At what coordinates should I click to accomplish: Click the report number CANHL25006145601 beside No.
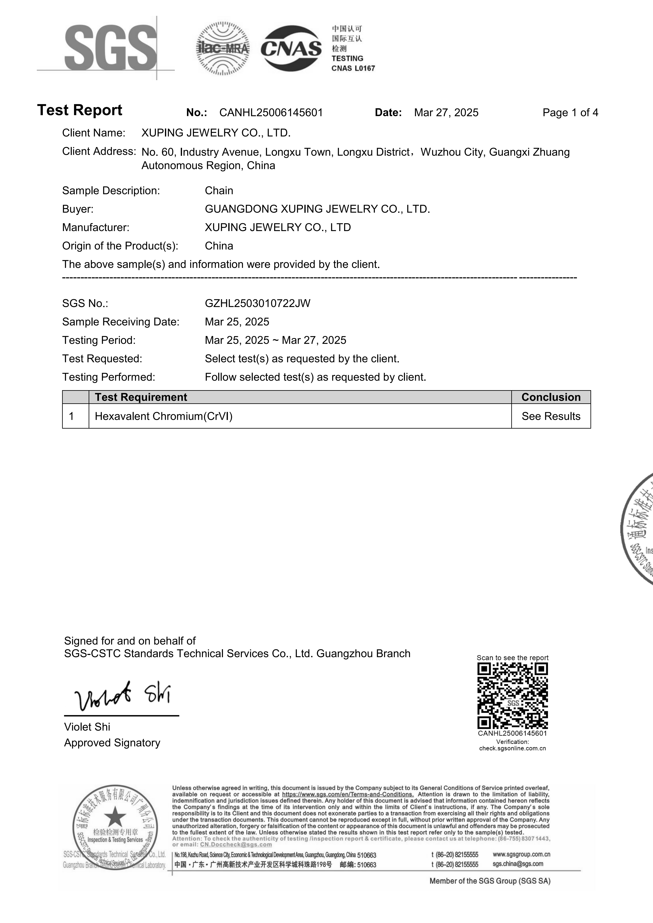point(271,113)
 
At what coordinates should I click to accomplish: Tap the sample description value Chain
point(219,191)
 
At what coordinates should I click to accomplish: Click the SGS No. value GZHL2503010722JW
point(257,303)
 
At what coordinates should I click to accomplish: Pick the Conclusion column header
point(551,397)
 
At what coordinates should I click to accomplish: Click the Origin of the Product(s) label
point(120,246)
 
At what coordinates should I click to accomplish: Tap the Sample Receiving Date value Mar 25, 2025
point(237,322)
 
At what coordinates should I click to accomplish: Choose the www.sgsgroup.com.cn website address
point(521,854)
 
